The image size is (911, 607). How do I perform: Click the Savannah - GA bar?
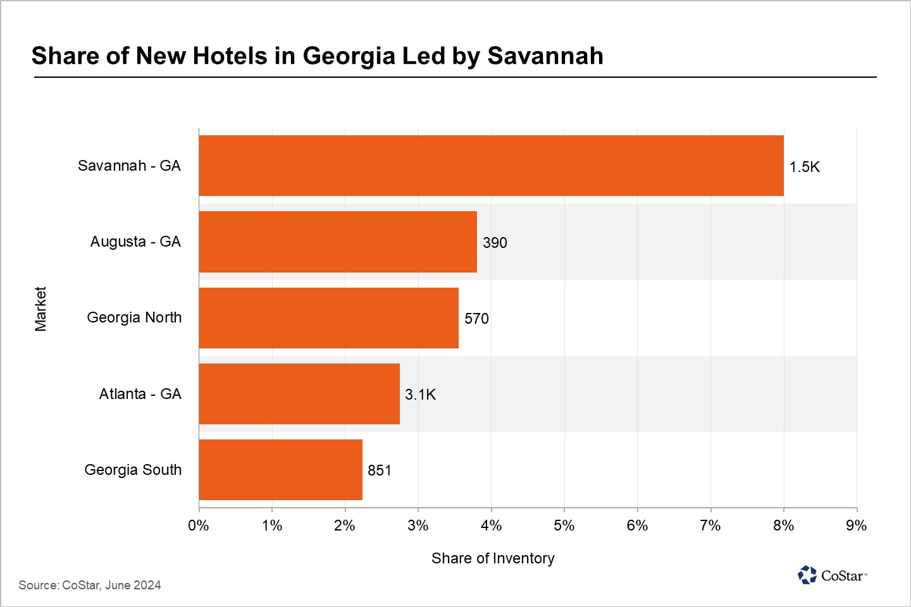pyautogui.click(x=491, y=166)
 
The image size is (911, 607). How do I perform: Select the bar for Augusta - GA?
pyautogui.click(x=338, y=242)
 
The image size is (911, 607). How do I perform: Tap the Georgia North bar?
pyautogui.click(x=328, y=317)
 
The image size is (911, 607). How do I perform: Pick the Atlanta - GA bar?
pyautogui.click(x=299, y=394)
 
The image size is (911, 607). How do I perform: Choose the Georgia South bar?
pyautogui.click(x=280, y=470)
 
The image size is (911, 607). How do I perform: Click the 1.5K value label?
pyautogui.click(x=804, y=167)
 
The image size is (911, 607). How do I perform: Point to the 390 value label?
pyautogui.click(x=495, y=243)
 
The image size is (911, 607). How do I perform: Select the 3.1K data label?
pyautogui.click(x=420, y=395)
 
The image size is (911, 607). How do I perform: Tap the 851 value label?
pyautogui.click(x=380, y=470)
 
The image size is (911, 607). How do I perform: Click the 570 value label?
pyautogui.click(x=476, y=319)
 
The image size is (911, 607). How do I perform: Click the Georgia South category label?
pyautogui.click(x=133, y=470)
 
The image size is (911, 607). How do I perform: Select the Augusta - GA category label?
pyautogui.click(x=135, y=242)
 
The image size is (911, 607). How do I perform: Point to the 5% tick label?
pyautogui.click(x=564, y=525)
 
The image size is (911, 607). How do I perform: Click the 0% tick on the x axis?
pyautogui.click(x=199, y=525)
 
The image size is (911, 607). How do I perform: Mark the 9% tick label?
pyautogui.click(x=856, y=525)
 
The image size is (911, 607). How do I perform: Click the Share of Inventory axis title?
pyautogui.click(x=493, y=558)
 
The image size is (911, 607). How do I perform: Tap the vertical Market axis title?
pyautogui.click(x=40, y=309)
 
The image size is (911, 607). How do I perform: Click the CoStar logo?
pyautogui.click(x=832, y=575)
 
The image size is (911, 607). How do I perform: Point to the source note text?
pyautogui.click(x=90, y=585)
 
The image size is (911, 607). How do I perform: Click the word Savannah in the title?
pyautogui.click(x=545, y=56)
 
